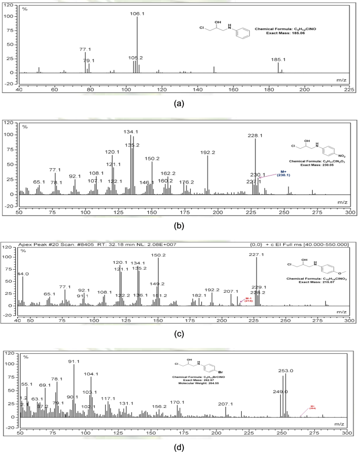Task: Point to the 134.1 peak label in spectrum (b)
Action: pos(131,131)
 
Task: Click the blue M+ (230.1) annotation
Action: pos(283,174)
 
